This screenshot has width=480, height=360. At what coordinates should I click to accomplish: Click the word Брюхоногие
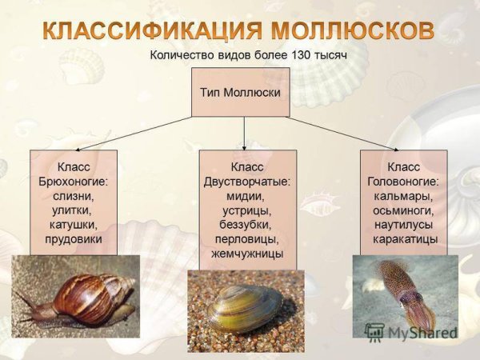73,182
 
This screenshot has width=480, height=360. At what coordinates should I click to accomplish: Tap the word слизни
73,196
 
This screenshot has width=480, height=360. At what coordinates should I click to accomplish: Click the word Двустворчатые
247,182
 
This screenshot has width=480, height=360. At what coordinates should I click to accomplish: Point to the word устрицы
247,210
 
